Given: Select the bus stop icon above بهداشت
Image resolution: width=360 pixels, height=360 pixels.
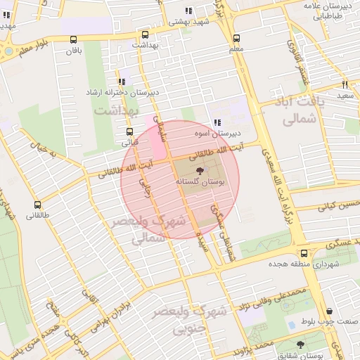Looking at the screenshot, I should tap(146, 34).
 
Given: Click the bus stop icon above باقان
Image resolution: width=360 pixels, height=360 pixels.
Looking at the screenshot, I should tap(75, 40).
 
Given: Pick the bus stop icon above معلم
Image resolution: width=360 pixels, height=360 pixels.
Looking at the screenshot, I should tap(236, 39).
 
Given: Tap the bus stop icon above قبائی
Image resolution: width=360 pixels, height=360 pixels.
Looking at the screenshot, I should tap(129, 131).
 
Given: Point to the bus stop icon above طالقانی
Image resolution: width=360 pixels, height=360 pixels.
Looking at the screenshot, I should tap(37, 205).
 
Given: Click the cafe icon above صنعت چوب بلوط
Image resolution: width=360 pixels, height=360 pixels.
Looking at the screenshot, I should tap(330, 311).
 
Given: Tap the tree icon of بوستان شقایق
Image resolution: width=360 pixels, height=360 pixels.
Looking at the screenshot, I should tap(300, 345).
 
